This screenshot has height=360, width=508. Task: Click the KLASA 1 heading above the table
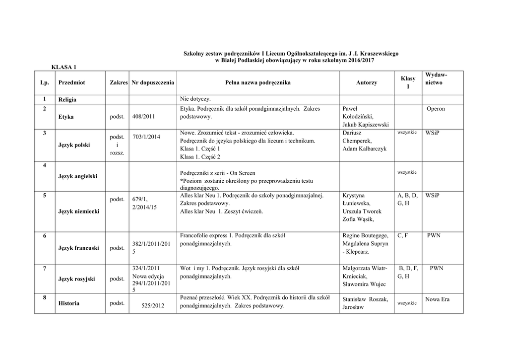[64, 67]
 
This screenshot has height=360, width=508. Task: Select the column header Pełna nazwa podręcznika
[258, 82]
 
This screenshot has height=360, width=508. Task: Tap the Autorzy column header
[367, 82]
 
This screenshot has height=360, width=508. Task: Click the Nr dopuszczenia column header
[153, 82]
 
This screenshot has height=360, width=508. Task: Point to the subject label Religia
[67, 100]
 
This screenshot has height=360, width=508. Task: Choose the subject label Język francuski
[78, 248]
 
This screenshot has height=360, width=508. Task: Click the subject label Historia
[68, 303]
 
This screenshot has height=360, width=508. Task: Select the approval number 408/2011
[144, 117]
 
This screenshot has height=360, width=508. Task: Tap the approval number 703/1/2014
[146, 137]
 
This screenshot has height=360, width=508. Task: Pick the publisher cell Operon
[436, 109]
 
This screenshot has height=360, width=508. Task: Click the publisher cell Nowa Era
[437, 299]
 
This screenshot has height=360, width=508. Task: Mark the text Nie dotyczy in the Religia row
[195, 99]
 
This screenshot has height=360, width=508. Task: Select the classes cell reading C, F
[402, 235]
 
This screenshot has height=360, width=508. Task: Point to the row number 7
[45, 269]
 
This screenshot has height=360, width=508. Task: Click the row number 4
[45, 165]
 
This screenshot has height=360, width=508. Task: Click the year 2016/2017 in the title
[358, 60]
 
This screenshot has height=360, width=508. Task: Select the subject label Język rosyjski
[76, 279]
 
